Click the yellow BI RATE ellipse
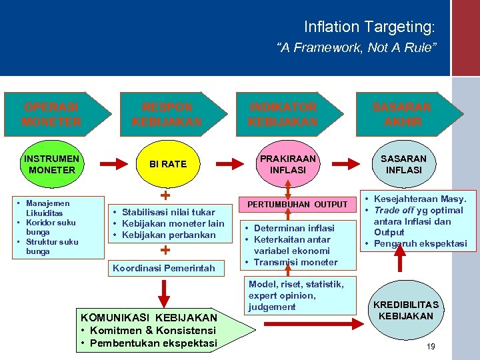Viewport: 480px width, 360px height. coord(168,164)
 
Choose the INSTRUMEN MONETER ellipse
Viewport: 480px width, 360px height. coord(51,164)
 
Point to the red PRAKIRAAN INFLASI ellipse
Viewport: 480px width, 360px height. coord(287,164)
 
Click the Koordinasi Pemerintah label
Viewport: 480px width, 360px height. coord(164,268)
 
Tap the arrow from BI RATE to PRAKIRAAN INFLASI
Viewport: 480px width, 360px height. coord(231,163)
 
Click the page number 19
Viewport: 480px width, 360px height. coord(431,346)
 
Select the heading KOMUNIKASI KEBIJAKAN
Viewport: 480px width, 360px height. coord(148,317)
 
